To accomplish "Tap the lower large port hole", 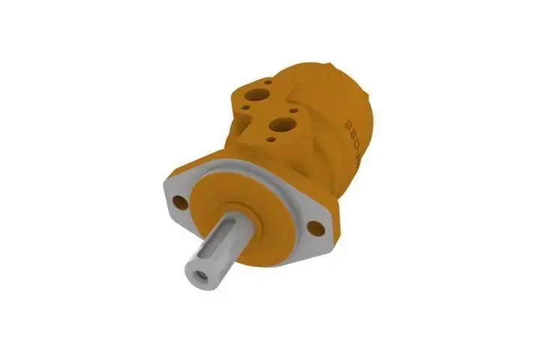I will [284, 124].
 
